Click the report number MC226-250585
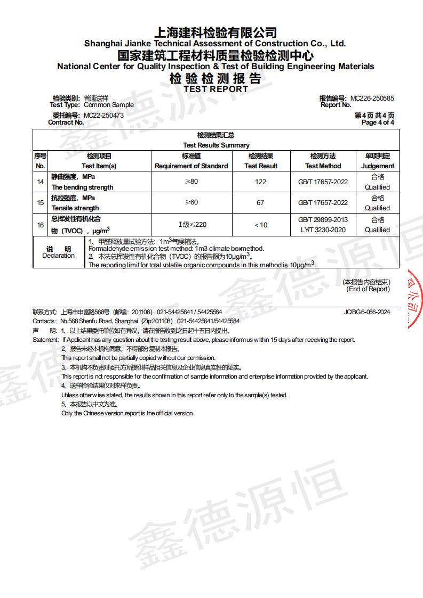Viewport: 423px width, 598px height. pyautogui.click(x=372, y=99)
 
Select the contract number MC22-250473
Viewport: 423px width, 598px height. pyautogui.click(x=104, y=116)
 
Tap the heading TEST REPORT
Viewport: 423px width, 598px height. pyautogui.click(x=216, y=89)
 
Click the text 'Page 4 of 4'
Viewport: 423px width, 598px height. pyautogui.click(x=378, y=122)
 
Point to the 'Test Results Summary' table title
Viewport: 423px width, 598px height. pyautogui.click(x=216, y=145)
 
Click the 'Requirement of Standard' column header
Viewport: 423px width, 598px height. pyautogui.click(x=191, y=166)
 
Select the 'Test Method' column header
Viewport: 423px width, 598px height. pyautogui.click(x=323, y=166)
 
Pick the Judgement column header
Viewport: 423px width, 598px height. pyautogui.click(x=377, y=166)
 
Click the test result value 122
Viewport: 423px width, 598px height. pyautogui.click(x=260, y=182)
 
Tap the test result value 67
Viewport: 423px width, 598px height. pyautogui.click(x=260, y=203)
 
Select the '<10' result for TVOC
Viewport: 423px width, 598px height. pyautogui.click(x=260, y=225)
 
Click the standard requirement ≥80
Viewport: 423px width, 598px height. pyautogui.click(x=191, y=182)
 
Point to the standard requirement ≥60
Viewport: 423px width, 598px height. pyautogui.click(x=191, y=203)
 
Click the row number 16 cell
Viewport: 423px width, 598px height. pyautogui.click(x=40, y=225)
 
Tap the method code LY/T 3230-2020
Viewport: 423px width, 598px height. pyautogui.click(x=323, y=230)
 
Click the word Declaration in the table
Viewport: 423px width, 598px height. pyautogui.click(x=59, y=256)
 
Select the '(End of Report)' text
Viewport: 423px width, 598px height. pyautogui.click(x=368, y=289)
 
